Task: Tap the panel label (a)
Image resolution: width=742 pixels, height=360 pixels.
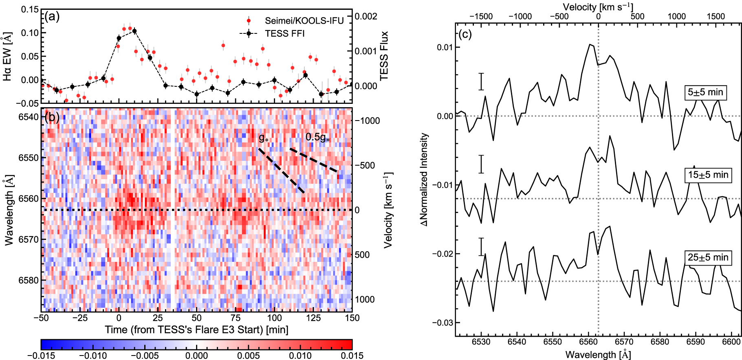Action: pos(52,16)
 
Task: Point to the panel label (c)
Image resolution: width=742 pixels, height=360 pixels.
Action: pos(465,34)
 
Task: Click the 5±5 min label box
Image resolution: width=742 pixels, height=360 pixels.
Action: pos(705,92)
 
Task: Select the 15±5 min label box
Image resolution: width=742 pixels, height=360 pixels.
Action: pos(708,175)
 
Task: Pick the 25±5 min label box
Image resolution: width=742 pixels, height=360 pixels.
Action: pos(708,257)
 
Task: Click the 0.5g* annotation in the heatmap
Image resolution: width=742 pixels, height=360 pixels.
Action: pos(317,137)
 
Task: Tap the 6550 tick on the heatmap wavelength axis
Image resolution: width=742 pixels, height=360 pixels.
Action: pos(29,158)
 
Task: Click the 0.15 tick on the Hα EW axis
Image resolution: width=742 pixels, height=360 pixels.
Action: pos(30,9)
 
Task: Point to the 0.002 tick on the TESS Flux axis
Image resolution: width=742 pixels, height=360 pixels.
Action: pos(366,16)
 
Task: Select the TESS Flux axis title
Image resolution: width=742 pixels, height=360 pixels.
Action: pos(384,56)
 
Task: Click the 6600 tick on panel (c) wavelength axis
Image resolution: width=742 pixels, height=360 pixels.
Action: pos(731,341)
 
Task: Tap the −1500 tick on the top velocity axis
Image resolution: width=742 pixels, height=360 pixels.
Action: pos(481,16)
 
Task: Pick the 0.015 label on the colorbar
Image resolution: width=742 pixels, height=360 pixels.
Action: pos(352,356)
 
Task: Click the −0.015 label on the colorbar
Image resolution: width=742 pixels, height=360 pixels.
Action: pos(41,356)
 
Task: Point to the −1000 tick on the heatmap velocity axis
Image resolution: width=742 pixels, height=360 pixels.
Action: pos(367,121)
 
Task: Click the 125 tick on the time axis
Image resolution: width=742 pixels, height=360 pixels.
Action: pos(313,318)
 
